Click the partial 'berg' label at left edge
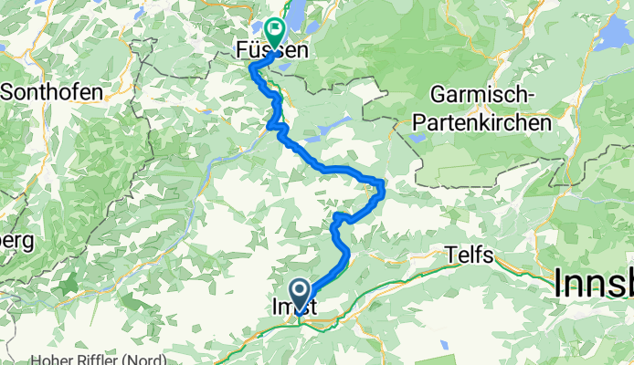point(16,242)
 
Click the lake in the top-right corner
point(614,36)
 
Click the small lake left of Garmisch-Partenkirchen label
point(417,138)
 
